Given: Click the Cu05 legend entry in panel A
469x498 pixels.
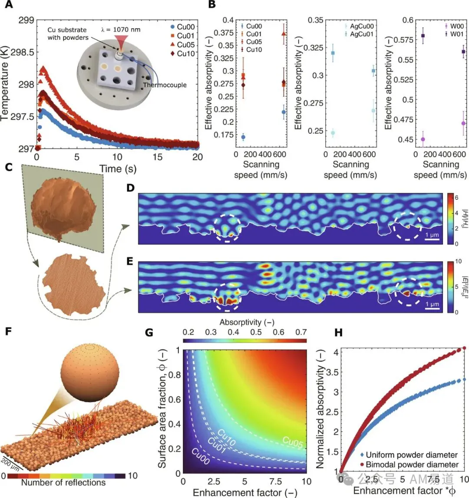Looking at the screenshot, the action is click(x=183, y=44).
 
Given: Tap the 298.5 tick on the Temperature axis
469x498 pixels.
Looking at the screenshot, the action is click(x=22, y=52).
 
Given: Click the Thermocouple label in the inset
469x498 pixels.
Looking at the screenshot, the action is click(x=165, y=85).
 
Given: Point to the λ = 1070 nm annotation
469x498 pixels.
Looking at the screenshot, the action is click(x=121, y=30).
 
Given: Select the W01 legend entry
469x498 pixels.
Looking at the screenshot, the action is click(x=454, y=34).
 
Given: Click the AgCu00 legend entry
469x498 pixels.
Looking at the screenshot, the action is click(x=359, y=26).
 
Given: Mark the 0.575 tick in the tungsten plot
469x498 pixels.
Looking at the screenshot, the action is click(x=403, y=40).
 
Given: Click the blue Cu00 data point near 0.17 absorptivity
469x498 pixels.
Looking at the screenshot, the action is click(x=243, y=137).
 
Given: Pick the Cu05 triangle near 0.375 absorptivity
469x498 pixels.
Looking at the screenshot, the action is click(x=284, y=33).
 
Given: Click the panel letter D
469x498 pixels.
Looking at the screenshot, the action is click(x=130, y=188).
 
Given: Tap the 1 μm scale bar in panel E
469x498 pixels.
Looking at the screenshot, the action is click(x=432, y=308).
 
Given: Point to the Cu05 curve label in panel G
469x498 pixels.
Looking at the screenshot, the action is click(x=293, y=442).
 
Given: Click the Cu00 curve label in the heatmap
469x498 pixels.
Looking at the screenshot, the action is click(x=201, y=456).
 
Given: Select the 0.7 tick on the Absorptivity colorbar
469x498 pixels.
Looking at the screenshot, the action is click(x=301, y=332).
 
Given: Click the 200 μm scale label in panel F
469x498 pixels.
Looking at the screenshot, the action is click(x=10, y=464).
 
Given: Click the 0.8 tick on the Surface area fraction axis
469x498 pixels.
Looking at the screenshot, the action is click(x=175, y=375).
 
